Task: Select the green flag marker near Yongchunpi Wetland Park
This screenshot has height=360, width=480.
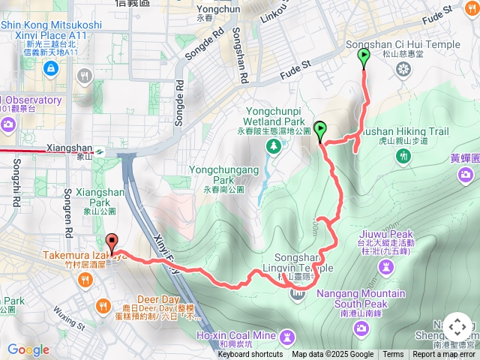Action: click(321, 130)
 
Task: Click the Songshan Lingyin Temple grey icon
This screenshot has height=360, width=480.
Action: click(297, 291)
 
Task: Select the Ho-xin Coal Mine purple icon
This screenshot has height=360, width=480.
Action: click(287, 335)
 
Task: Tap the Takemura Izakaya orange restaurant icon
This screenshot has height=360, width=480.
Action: click(85, 280)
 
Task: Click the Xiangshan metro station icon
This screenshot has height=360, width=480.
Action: click(99, 151)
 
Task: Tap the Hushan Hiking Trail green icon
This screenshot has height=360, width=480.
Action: click(405, 155)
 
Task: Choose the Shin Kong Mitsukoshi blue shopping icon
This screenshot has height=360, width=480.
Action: click(50, 69)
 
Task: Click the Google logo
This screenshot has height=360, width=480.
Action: click(28, 349)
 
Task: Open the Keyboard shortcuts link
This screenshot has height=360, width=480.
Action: click(250, 355)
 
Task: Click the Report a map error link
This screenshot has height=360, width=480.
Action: click(444, 355)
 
